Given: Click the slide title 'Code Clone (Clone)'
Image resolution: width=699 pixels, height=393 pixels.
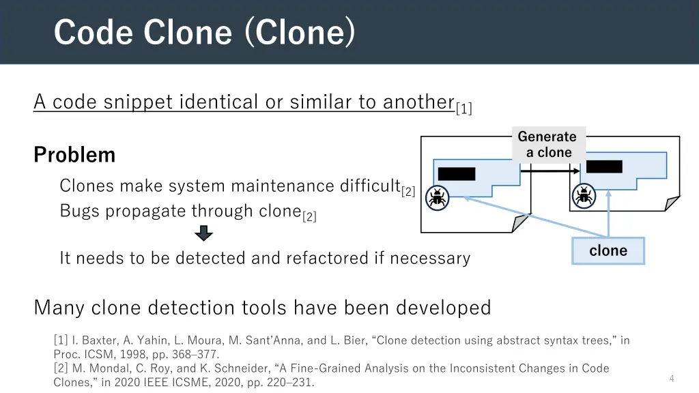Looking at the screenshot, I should click(x=204, y=32).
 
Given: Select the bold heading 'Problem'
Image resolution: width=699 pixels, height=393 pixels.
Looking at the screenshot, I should click(x=74, y=155).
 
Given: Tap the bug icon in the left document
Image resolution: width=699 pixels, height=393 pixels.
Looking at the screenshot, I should click(x=437, y=196).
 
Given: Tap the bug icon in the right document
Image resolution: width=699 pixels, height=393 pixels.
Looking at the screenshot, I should click(x=584, y=196).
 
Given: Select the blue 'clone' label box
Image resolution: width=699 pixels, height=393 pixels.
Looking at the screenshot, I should click(x=608, y=250).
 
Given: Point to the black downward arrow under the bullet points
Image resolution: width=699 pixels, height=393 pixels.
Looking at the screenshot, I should click(x=203, y=234).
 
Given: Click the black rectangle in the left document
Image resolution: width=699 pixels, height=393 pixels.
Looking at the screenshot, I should click(x=456, y=173).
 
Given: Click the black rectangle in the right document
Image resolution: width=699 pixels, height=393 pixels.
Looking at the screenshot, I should click(x=604, y=166).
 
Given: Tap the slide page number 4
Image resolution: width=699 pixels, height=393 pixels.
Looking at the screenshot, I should click(x=672, y=378).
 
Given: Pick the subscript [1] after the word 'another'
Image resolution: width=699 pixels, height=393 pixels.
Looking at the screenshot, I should click(x=464, y=108).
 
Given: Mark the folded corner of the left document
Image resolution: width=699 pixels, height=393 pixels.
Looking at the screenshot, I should click(x=521, y=222).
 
